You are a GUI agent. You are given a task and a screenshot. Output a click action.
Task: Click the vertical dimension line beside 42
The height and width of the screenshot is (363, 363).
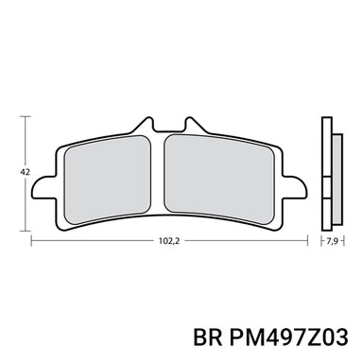click(x=23, y=142)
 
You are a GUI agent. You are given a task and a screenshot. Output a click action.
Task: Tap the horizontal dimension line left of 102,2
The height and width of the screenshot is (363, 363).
click(x=95, y=241)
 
